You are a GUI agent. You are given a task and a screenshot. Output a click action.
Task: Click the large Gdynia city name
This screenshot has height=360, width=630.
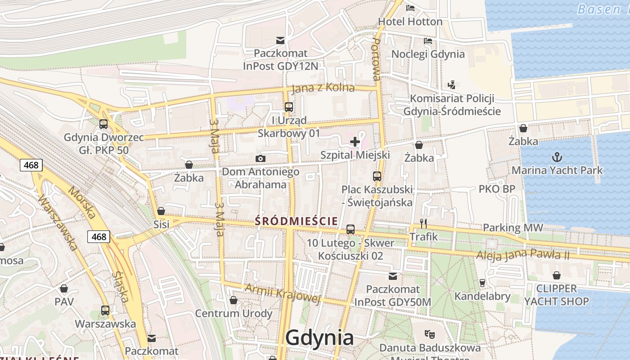click(319, 337)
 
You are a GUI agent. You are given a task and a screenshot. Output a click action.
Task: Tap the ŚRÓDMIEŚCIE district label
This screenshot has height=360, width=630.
click(296, 221)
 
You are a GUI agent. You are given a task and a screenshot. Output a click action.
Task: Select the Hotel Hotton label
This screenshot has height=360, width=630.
click(410, 22)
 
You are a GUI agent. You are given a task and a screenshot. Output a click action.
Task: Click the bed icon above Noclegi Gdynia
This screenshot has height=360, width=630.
click(428, 41)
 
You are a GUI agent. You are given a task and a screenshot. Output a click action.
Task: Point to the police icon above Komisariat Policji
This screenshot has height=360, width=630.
click(452, 85)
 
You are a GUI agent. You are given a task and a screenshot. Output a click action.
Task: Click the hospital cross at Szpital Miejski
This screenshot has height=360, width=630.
click(355, 142)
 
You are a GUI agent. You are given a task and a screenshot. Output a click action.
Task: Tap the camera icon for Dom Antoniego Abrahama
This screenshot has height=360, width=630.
click(260, 158)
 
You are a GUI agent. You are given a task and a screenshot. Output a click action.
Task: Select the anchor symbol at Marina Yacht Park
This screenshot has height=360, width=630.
click(557, 157)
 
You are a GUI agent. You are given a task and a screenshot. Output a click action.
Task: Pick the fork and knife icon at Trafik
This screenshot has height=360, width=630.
click(423, 223)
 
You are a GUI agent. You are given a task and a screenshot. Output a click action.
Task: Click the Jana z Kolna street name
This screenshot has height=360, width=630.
click(323, 88)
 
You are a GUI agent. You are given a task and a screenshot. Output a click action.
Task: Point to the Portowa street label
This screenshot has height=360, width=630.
click(377, 59)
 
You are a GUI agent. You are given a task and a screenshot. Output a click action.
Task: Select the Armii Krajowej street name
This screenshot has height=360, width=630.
click(283, 293)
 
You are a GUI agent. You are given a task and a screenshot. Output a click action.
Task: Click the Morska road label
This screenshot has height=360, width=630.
click(81, 202)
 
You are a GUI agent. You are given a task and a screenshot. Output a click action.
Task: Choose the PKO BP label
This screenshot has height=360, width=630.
click(497, 189)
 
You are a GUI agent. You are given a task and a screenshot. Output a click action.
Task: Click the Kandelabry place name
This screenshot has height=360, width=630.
click(482, 296)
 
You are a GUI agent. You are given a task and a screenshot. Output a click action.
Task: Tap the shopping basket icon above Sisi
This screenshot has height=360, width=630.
click(161, 211)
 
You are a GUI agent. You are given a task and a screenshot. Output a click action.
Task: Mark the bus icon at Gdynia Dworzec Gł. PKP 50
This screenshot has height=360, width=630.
click(103, 124)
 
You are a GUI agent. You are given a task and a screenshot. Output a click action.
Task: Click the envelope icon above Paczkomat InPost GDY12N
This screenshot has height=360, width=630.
click(280, 40)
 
